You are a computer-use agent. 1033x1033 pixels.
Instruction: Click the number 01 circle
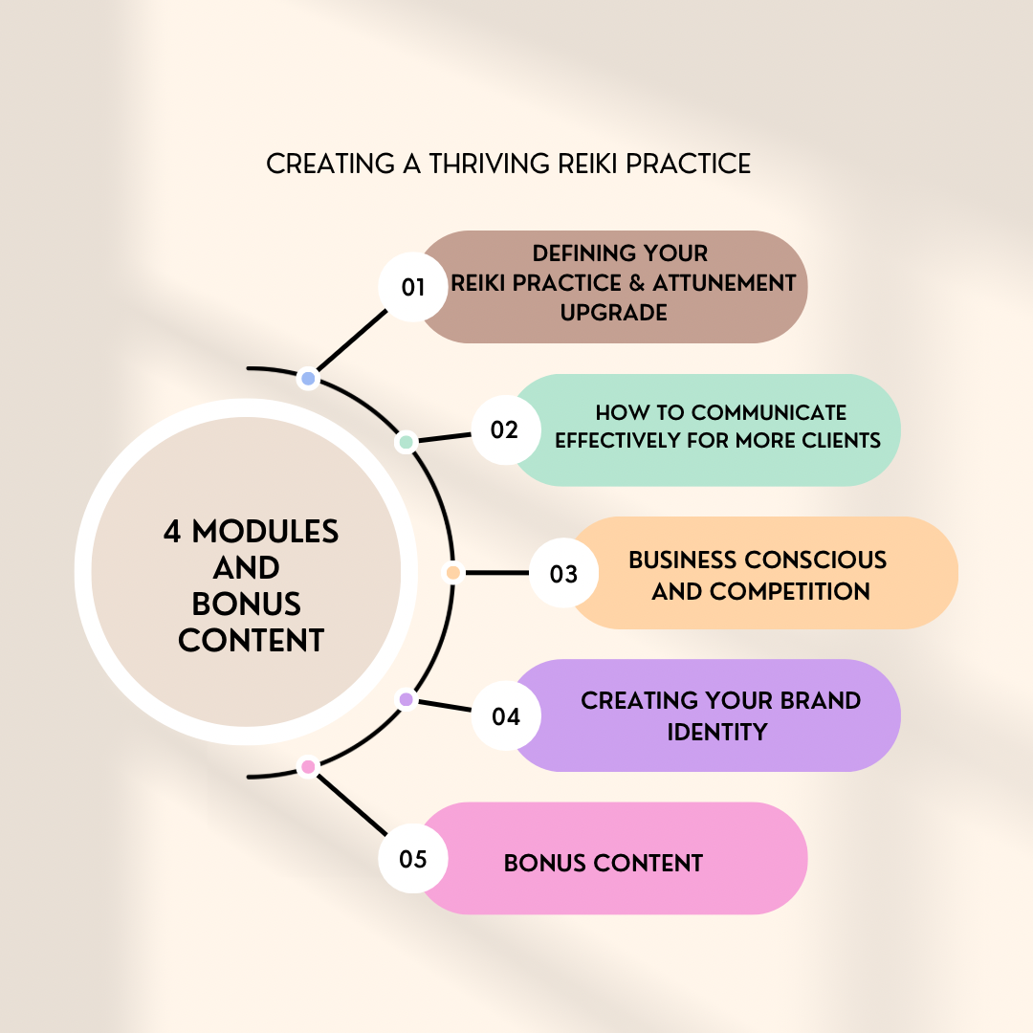[413, 286]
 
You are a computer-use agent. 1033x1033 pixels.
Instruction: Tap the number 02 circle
[505, 429]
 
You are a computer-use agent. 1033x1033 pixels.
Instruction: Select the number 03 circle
[563, 573]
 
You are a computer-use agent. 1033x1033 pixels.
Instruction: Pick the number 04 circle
[505, 715]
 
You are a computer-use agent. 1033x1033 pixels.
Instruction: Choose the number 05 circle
[413, 858]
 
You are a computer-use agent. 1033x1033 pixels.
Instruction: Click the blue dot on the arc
[308, 379]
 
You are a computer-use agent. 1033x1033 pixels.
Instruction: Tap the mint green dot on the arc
[406, 443]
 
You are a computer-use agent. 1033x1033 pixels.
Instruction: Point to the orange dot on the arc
[453, 573]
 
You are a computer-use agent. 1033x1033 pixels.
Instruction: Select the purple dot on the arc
[406, 700]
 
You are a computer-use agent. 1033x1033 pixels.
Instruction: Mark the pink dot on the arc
[308, 766]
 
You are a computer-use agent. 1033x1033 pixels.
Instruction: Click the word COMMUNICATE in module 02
[769, 412]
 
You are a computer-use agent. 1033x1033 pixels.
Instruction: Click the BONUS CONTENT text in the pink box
[603, 863]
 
